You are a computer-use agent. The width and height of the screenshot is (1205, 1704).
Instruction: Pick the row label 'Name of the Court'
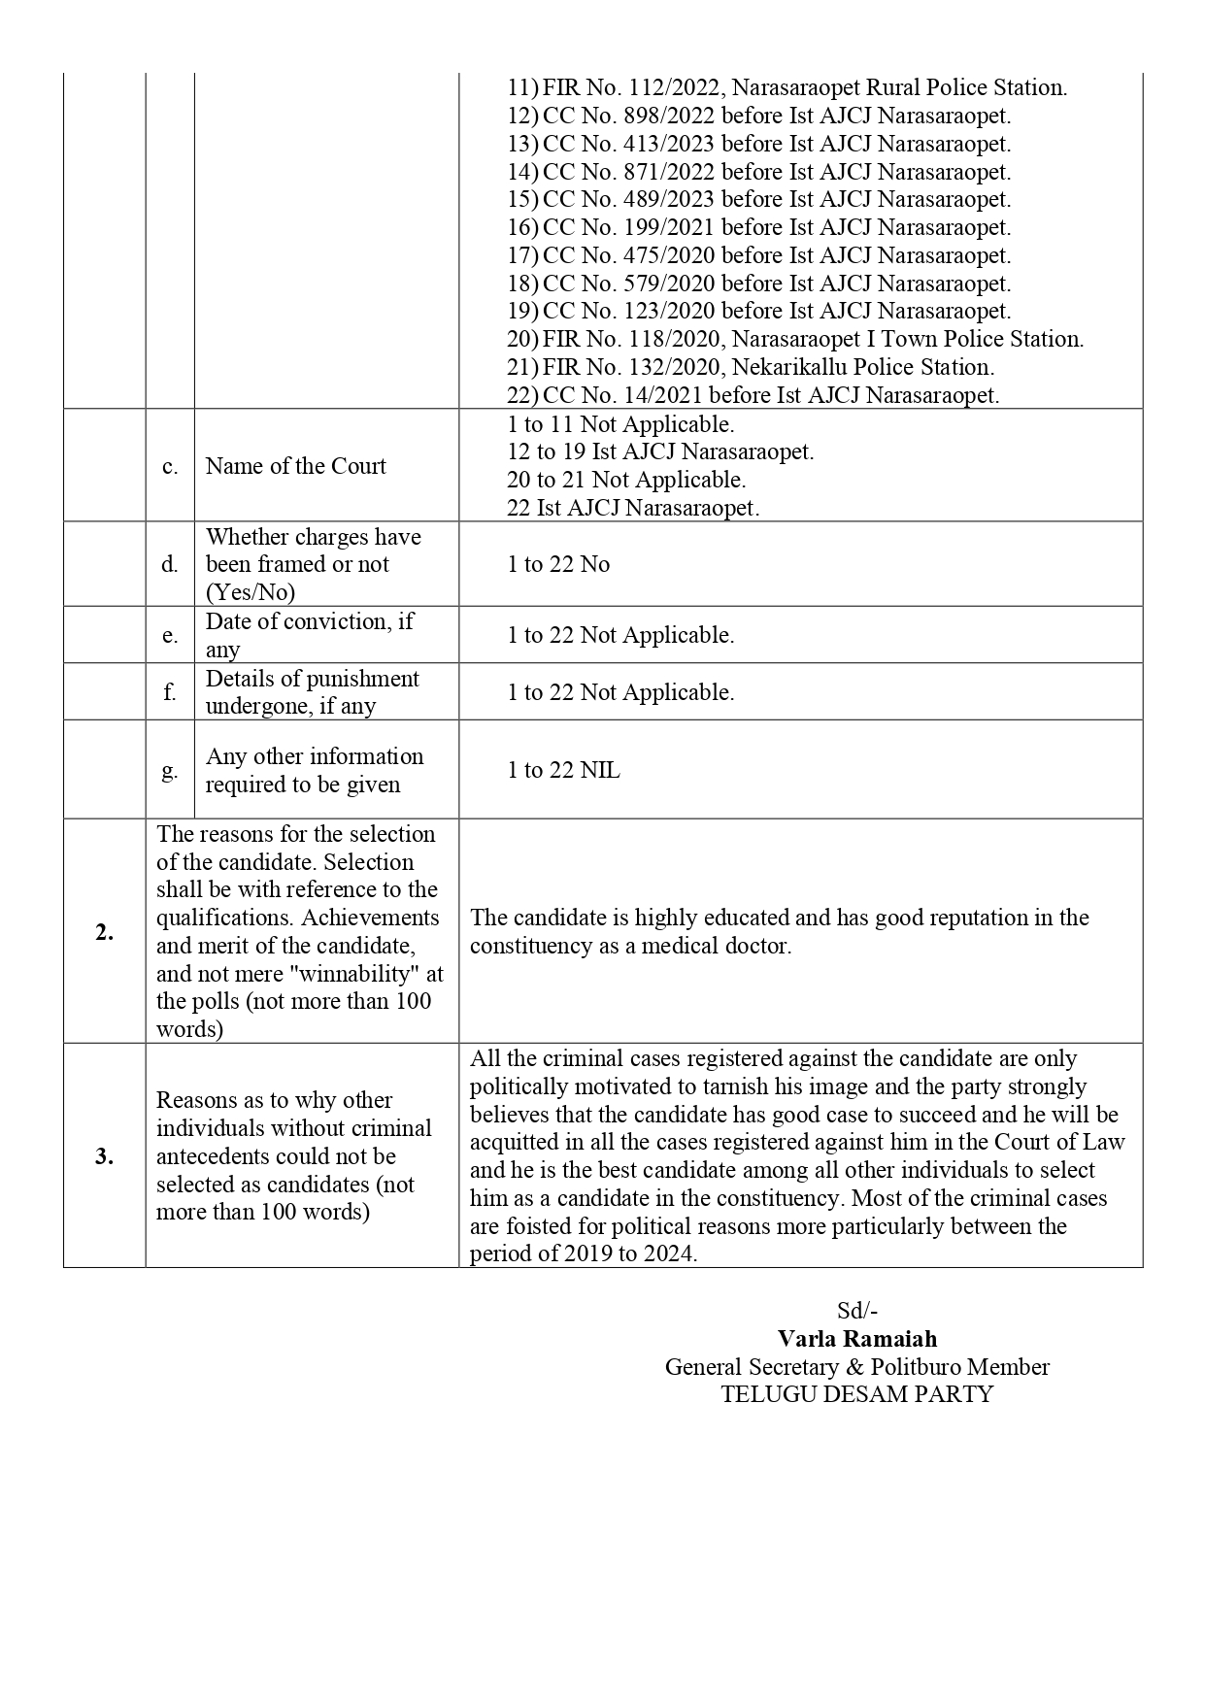point(295,466)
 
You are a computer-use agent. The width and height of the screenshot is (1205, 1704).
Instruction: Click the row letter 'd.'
point(170,564)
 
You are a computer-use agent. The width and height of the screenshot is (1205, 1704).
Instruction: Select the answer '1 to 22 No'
point(558,564)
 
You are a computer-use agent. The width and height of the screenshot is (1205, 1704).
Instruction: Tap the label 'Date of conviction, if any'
point(309,635)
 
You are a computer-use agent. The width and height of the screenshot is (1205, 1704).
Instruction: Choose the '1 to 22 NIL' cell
point(563,770)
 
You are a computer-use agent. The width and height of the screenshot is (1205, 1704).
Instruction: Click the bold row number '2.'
point(104,932)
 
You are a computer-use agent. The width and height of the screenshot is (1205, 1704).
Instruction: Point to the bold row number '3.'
point(104,1156)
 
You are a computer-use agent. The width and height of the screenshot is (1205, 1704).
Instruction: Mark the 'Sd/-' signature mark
point(857,1311)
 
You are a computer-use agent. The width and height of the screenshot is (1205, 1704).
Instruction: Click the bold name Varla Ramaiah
point(857,1339)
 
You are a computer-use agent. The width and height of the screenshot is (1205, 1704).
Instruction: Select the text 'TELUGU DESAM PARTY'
point(857,1394)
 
